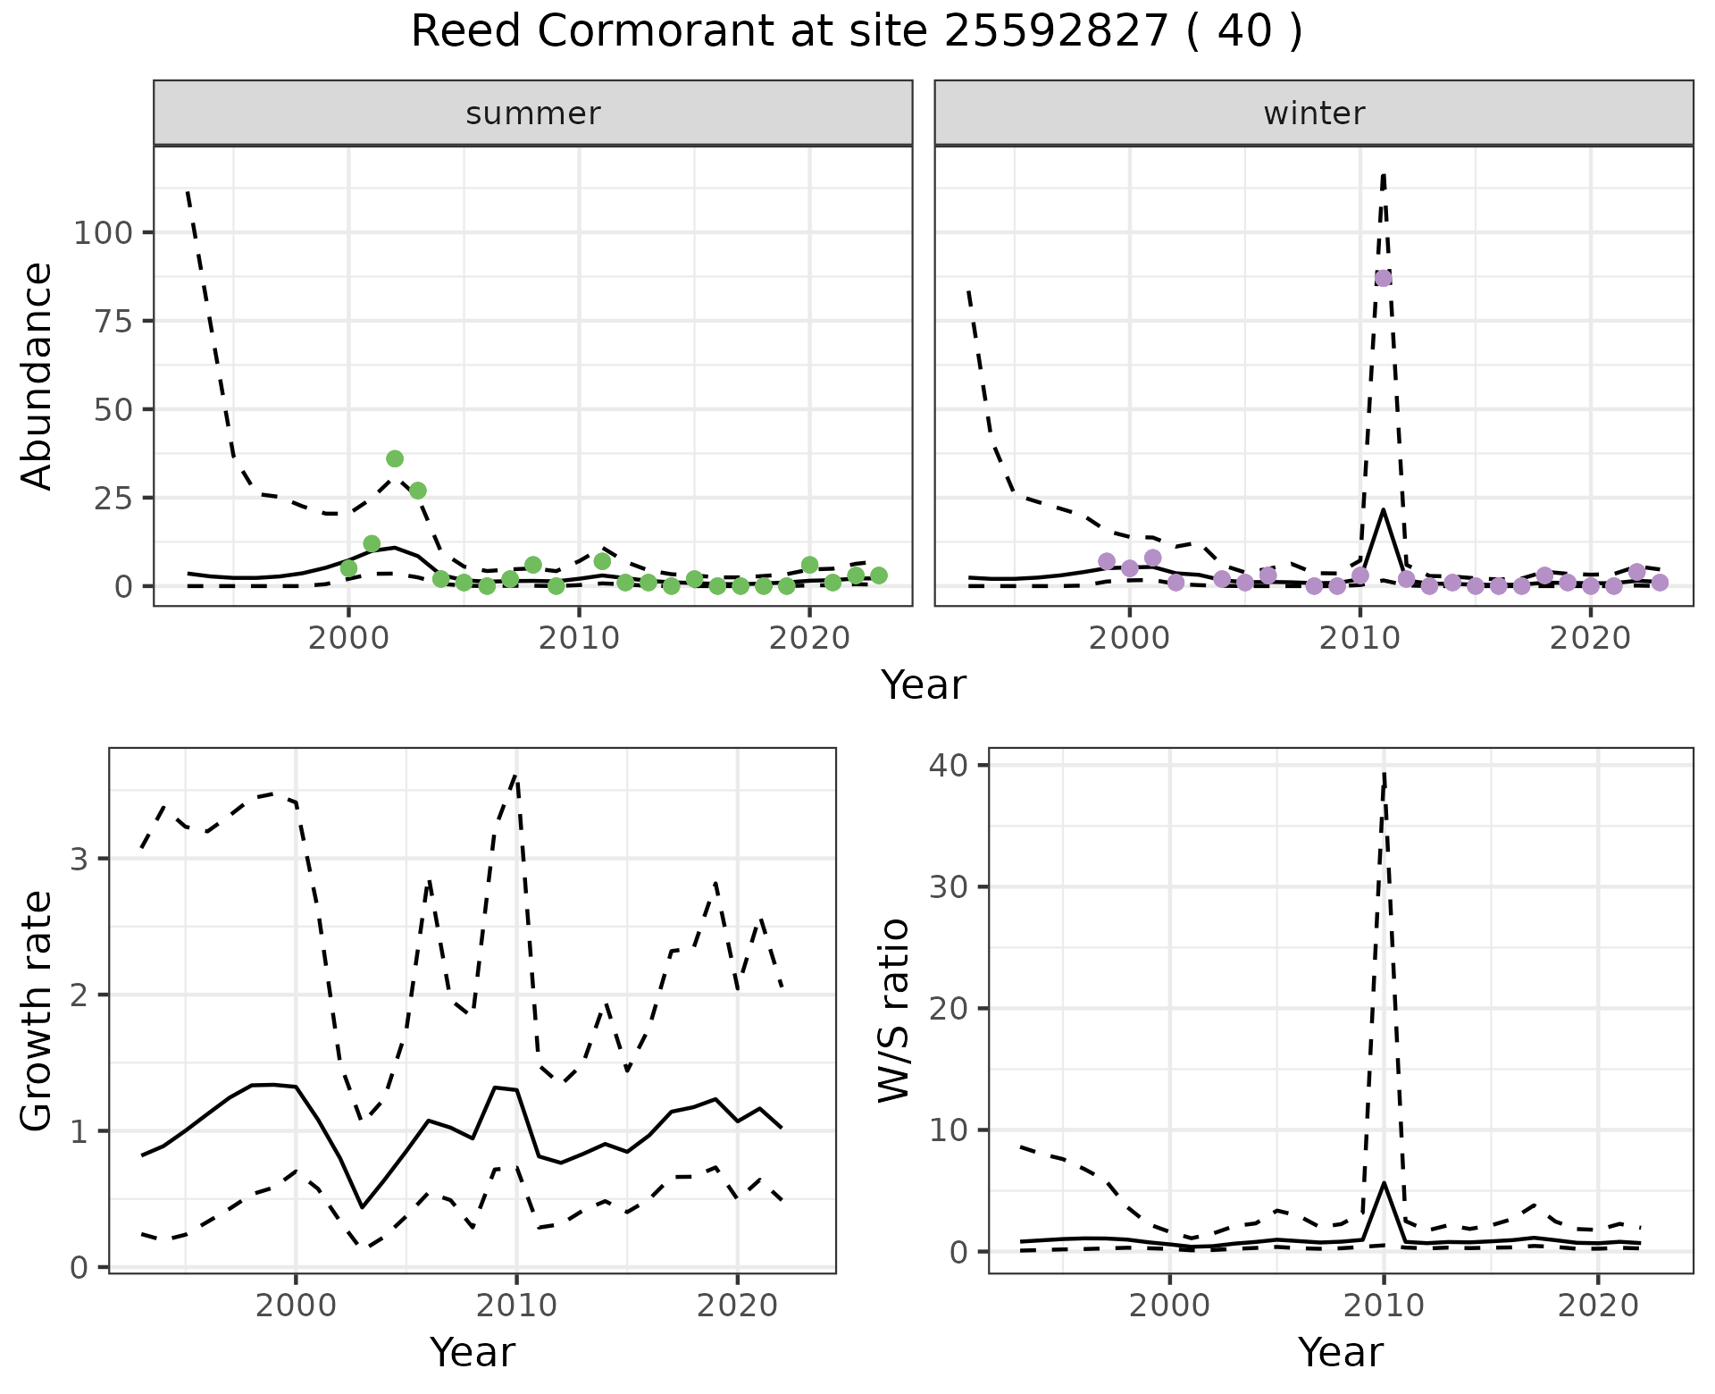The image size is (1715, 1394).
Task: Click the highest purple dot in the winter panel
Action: point(1383,278)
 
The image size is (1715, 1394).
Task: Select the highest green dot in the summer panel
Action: point(395,458)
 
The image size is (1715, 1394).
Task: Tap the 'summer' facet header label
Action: point(533,113)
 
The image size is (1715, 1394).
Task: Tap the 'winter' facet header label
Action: point(1314,113)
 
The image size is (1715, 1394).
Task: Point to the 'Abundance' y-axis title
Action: point(38,375)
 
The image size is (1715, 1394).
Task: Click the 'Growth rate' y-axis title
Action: point(38,1010)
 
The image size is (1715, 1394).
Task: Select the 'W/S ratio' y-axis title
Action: point(894,1010)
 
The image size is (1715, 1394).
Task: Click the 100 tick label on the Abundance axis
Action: point(102,233)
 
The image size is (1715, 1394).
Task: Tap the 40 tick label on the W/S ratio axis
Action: point(956,766)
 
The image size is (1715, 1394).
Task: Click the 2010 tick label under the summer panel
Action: point(579,639)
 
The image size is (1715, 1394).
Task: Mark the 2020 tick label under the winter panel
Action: point(1590,639)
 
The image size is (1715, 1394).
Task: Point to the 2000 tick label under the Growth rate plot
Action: point(296,1306)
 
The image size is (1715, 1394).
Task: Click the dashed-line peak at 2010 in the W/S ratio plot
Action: point(1384,774)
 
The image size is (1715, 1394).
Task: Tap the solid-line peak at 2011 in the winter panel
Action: point(1383,510)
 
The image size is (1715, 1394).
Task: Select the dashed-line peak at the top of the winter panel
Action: point(1383,176)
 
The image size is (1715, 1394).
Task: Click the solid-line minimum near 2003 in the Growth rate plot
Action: point(362,1207)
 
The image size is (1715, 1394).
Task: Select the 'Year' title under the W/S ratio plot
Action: point(1340,1352)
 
